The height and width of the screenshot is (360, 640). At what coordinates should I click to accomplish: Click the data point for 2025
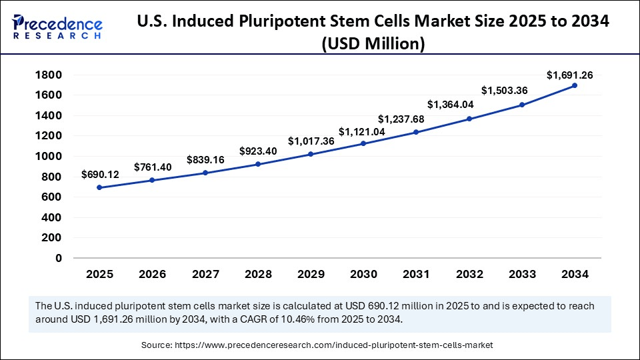99,187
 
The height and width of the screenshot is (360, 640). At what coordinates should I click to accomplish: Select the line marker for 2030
363,143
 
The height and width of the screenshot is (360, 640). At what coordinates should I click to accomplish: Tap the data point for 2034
575,85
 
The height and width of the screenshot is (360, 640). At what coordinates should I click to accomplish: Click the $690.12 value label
100,175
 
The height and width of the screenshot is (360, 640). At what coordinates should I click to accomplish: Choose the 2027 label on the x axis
205,274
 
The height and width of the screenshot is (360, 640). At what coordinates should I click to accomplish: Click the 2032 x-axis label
469,274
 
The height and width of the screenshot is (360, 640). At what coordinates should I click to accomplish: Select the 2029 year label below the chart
311,274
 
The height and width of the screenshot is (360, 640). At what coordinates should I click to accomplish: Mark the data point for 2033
522,105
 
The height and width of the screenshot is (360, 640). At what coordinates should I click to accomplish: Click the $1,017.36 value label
311,141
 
